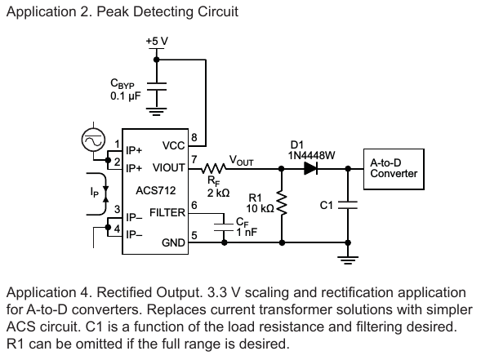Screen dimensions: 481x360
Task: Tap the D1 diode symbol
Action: (310, 168)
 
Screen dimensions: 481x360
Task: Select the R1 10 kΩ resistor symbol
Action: (282, 202)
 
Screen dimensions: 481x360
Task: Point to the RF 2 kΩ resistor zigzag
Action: (214, 168)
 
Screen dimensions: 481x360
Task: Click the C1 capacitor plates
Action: (348, 205)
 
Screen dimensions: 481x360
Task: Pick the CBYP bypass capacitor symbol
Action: (157, 87)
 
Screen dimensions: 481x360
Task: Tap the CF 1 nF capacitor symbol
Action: (224, 227)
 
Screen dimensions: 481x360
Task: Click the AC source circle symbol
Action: (93, 140)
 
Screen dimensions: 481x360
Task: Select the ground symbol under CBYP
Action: (157, 112)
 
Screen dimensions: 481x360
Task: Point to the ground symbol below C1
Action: (348, 260)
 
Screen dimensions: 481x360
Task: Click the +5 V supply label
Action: (157, 41)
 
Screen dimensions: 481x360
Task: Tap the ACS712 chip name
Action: (156, 191)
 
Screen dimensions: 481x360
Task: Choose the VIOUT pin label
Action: (169, 167)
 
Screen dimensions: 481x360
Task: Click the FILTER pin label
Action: (167, 212)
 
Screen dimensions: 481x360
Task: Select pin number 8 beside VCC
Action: (194, 137)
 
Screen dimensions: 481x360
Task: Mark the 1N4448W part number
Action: (311, 156)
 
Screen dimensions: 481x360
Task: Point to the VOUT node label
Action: (242, 160)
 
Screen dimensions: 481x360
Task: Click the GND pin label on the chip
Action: (173, 243)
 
